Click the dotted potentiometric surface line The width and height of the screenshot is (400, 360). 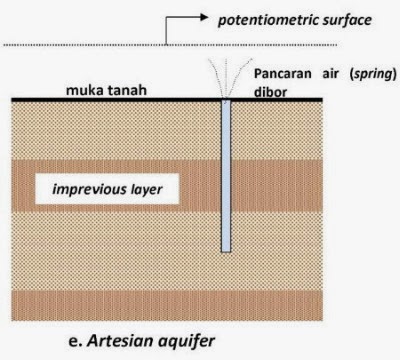point(100,44)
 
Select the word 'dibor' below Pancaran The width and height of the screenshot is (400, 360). point(268,90)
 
